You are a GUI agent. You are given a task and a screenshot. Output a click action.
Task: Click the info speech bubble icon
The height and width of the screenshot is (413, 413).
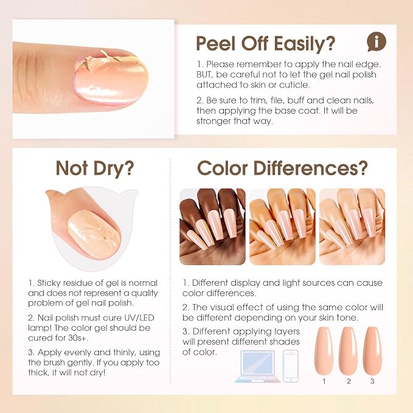377,41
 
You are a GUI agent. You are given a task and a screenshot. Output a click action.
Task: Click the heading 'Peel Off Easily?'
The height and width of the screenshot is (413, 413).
265,43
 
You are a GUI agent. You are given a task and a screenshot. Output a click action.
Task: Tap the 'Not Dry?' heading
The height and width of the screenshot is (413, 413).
95,168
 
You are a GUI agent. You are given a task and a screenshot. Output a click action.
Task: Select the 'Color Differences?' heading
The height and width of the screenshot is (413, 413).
282,168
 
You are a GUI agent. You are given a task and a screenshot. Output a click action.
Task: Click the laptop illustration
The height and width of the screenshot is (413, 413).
258,366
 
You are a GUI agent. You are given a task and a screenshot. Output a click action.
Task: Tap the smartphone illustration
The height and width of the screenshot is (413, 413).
291,366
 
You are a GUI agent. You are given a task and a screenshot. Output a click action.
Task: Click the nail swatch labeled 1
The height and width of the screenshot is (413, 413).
324,351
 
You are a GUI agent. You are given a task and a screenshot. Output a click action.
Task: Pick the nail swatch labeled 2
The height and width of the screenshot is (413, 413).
348,351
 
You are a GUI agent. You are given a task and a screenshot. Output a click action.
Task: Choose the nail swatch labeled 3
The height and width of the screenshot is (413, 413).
372,351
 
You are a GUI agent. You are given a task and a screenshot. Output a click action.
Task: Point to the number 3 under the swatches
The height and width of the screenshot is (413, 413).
372,381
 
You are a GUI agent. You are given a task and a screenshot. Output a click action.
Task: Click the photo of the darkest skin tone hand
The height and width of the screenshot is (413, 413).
212,226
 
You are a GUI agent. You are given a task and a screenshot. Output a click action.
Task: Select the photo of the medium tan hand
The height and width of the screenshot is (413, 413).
282,226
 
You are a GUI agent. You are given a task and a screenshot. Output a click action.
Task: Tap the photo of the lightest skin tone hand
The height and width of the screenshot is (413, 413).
352,226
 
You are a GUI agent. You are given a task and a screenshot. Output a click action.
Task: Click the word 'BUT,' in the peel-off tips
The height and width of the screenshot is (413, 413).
204,75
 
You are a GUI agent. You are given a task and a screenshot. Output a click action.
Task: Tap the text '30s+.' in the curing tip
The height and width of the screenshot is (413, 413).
78,338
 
